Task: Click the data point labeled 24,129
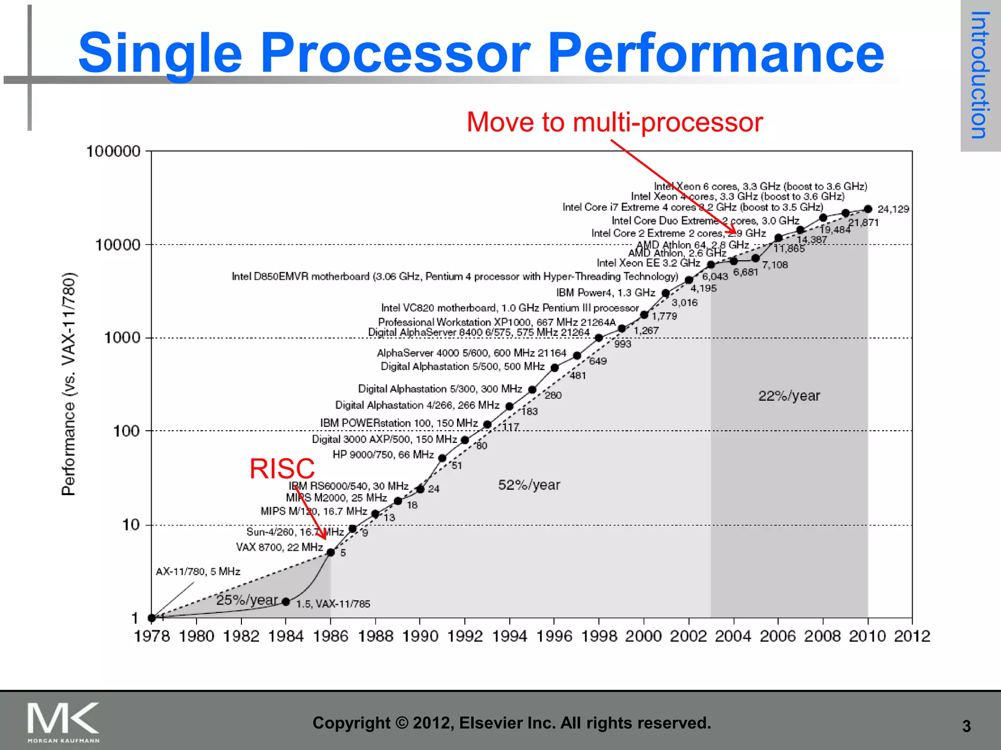[868, 209]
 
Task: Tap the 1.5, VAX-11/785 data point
[286, 602]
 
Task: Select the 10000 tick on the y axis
[118, 245]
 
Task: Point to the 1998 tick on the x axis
[599, 636]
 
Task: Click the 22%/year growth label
[789, 396]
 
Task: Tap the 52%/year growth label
[529, 485]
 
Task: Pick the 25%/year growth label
[247, 600]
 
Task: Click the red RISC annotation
[282, 469]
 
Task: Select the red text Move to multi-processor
[614, 122]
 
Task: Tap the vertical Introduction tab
[980, 75]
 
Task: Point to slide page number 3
[966, 726]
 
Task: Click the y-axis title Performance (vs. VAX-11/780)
[69, 384]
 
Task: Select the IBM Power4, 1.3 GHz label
[605, 292]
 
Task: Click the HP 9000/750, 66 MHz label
[383, 455]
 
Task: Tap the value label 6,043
[715, 277]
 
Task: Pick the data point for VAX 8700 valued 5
[330, 552]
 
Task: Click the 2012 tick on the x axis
[912, 636]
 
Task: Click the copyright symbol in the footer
[401, 723]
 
